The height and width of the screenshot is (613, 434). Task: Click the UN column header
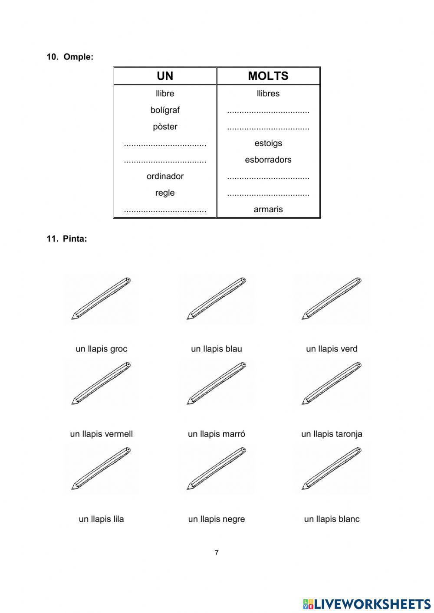pyautogui.click(x=165, y=76)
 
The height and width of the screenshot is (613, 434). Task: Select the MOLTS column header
pyautogui.click(x=268, y=76)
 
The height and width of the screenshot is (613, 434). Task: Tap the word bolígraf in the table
pyautogui.click(x=165, y=110)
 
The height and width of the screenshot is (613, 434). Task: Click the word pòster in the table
pyautogui.click(x=165, y=127)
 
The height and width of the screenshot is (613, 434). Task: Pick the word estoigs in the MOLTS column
pyautogui.click(x=268, y=143)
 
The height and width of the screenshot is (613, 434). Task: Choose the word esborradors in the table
pyautogui.click(x=268, y=160)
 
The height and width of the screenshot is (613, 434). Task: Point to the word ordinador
pyautogui.click(x=165, y=176)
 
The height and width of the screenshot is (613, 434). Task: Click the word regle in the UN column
pyautogui.click(x=165, y=193)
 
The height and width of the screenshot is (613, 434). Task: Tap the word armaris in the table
pyautogui.click(x=268, y=209)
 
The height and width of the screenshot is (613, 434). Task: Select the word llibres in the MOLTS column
pyautogui.click(x=268, y=93)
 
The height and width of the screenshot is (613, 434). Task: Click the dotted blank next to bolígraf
pyautogui.click(x=268, y=112)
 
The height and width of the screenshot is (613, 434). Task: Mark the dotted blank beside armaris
pyautogui.click(x=165, y=211)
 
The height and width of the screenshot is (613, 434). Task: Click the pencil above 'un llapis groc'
pyautogui.click(x=101, y=298)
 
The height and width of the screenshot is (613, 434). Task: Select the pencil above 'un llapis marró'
pyautogui.click(x=216, y=383)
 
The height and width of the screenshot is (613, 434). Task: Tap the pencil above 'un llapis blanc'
pyautogui.click(x=332, y=468)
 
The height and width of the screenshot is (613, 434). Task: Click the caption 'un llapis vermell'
pyautogui.click(x=101, y=434)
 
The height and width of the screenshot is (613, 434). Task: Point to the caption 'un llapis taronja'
pyautogui.click(x=332, y=434)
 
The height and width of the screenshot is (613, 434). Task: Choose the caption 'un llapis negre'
pyautogui.click(x=216, y=519)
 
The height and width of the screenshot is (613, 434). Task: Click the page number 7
pyautogui.click(x=217, y=553)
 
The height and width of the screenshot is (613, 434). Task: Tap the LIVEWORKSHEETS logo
pyautogui.click(x=367, y=603)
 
